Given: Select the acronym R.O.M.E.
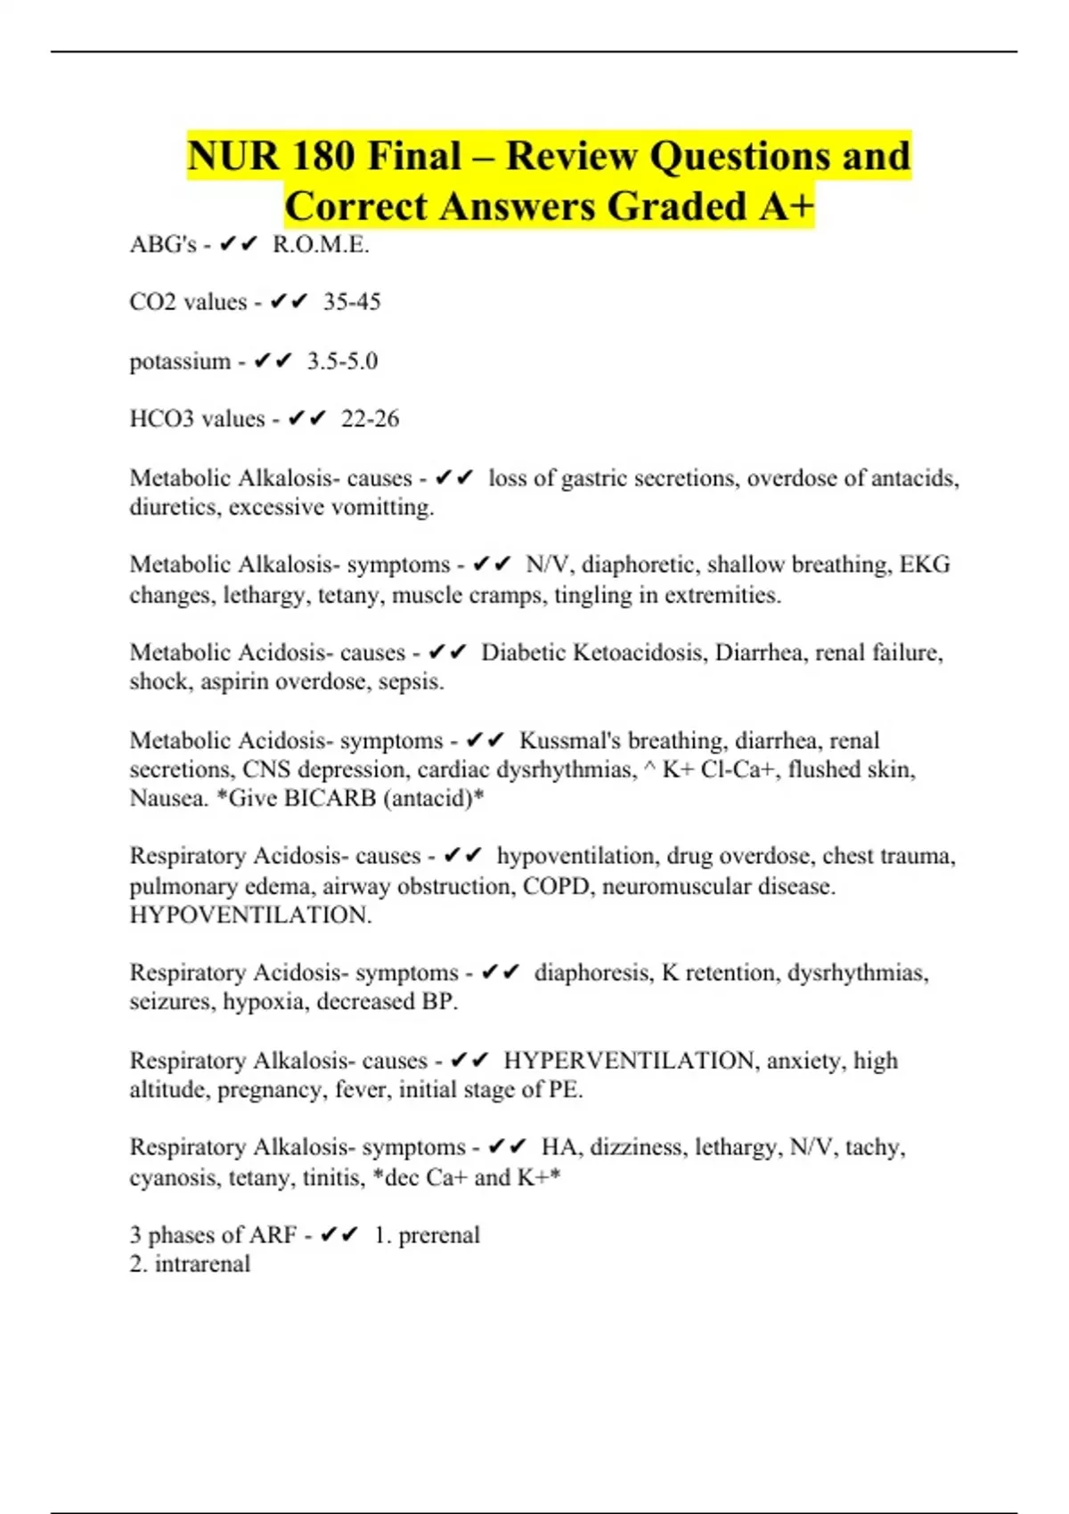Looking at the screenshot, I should point(321,245).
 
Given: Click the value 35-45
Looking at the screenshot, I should point(352,303).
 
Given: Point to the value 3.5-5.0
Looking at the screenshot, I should point(342,362).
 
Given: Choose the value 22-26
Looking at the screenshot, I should point(370,419).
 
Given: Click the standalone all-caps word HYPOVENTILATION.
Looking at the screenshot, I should point(250,916).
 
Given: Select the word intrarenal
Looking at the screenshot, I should point(202,1264).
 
